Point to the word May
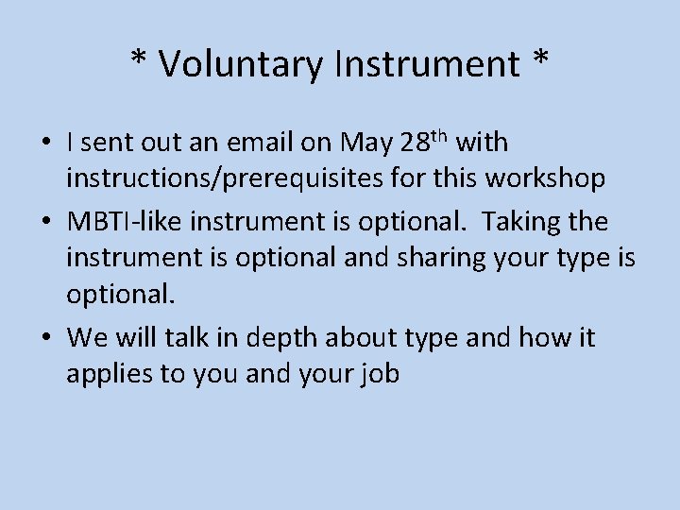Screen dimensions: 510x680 tap(365, 144)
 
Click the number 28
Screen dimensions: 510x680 tap(414, 144)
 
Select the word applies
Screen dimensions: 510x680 tap(110, 375)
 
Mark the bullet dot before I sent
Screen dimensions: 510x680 tap(45, 144)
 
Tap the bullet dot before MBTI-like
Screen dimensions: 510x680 tap(45, 222)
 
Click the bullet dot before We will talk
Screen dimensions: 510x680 tap(45, 337)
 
